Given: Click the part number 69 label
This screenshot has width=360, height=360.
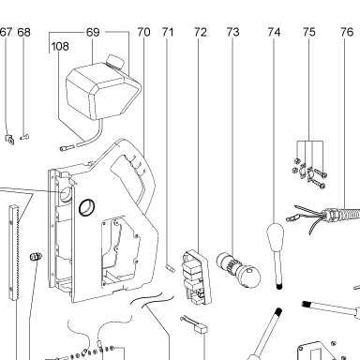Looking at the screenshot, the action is tap(93, 32).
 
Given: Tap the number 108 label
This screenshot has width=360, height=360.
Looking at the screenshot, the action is tap(60, 47).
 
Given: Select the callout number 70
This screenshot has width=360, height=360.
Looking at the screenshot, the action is tap(143, 32).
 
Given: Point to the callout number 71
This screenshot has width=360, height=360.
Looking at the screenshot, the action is tap(168, 32).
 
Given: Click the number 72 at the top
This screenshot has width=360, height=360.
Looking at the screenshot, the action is tap(201, 32).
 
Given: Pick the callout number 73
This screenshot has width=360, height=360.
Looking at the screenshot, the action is tap(232, 32).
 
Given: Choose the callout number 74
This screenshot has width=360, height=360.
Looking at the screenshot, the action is tap(274, 32).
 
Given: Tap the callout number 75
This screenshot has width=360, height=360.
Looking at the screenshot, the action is tap(309, 32).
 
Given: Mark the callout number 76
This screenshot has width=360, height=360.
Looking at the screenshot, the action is tap(347, 32).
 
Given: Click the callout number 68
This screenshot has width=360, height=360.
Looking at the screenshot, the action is tap(24, 32).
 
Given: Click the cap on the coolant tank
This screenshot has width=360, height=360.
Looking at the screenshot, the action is tap(114, 61).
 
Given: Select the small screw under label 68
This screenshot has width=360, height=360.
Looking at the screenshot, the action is tap(24, 137).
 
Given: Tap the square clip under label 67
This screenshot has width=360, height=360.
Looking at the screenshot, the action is tap(9, 139).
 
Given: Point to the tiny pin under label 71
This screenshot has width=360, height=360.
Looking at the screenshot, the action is tap(171, 268).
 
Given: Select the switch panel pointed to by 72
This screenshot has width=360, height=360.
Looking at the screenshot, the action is tap(197, 277).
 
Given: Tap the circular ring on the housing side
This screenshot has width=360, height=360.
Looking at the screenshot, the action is tap(87, 207).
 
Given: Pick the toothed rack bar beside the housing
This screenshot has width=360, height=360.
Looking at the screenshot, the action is tap(14, 252).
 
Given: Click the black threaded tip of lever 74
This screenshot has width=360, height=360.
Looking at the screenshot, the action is tap(279, 286).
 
